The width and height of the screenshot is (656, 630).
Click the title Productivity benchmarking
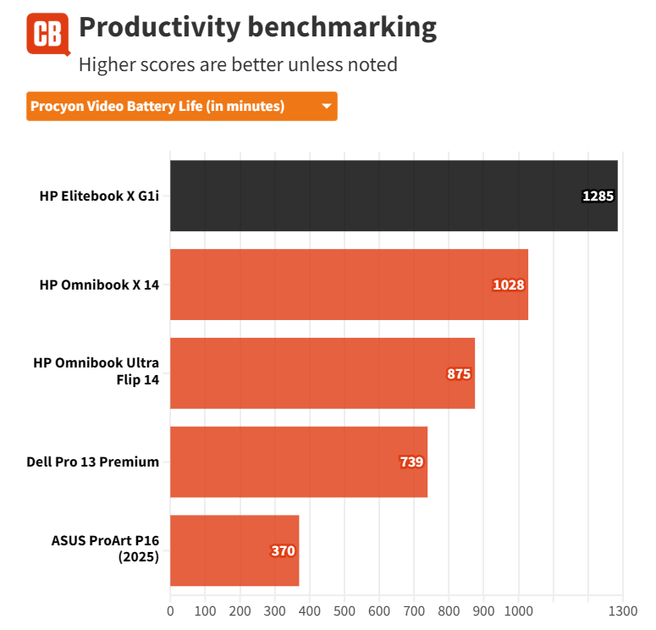(x=257, y=28)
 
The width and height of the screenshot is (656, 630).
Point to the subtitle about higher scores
(x=237, y=64)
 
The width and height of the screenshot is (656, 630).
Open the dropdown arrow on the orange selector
(x=326, y=107)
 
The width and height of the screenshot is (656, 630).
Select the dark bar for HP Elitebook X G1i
(x=394, y=196)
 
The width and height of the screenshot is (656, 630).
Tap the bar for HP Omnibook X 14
(x=349, y=285)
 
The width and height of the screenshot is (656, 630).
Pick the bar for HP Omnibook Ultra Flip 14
(x=322, y=373)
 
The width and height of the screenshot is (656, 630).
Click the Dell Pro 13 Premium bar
(x=298, y=461)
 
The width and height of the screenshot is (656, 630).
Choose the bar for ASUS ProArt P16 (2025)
(x=234, y=550)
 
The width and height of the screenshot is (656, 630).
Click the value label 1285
(x=597, y=196)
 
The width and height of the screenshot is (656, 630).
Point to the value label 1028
(x=509, y=285)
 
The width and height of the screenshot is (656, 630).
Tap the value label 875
(x=459, y=373)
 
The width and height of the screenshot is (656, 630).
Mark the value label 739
(x=411, y=462)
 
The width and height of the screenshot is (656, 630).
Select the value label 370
(x=283, y=551)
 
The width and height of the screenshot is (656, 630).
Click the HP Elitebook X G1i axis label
(x=99, y=196)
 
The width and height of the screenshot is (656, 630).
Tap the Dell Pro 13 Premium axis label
(x=93, y=461)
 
